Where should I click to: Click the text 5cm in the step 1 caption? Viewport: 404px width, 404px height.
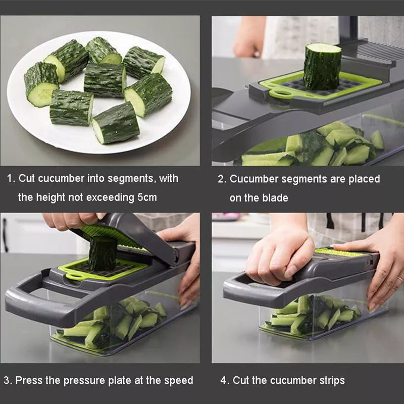(147, 197)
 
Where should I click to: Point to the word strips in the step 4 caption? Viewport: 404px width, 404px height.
(328, 380)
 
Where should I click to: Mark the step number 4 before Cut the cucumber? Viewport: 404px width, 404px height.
(223, 380)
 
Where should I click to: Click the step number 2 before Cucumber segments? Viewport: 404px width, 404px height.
(221, 179)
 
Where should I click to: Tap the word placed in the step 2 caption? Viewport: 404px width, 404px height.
(364, 179)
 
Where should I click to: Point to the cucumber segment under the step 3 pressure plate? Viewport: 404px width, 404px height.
(103, 253)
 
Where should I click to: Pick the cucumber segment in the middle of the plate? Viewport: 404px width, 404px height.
(105, 80)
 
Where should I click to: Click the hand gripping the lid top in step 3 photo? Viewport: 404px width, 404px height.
(71, 220)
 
